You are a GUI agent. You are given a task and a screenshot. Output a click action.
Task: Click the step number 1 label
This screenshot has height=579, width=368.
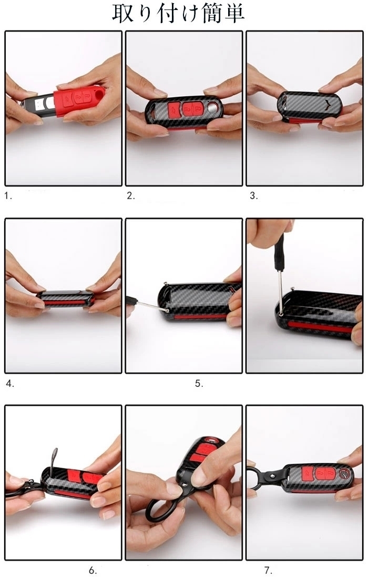(x=8, y=196)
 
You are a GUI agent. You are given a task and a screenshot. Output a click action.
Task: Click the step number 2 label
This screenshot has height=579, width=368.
(x=131, y=196)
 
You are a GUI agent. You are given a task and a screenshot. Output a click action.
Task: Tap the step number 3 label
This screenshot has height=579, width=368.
(x=254, y=196)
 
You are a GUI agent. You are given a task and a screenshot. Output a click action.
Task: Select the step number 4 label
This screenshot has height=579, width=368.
(x=10, y=384)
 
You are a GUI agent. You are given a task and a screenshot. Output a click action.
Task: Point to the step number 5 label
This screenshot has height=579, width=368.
(x=199, y=384)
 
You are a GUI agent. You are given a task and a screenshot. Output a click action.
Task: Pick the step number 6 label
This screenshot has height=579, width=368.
(x=93, y=571)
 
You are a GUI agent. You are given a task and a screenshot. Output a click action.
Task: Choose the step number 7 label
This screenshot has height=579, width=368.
(x=269, y=571)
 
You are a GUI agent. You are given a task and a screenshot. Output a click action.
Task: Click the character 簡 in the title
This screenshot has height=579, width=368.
(x=212, y=13)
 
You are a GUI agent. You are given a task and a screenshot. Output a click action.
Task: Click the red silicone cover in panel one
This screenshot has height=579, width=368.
(x=78, y=101)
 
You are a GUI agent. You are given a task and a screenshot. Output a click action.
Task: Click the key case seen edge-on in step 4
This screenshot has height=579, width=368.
(x=66, y=299)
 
